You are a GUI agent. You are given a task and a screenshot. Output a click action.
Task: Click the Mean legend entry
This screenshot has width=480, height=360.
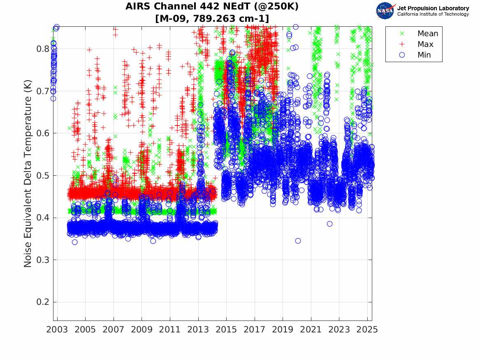(427, 34)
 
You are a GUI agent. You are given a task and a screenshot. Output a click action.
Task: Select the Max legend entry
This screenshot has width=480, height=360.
(425, 44)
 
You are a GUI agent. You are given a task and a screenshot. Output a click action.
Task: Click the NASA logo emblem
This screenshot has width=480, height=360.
(385, 11)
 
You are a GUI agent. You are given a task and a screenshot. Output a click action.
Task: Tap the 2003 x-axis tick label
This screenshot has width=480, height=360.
(57, 330)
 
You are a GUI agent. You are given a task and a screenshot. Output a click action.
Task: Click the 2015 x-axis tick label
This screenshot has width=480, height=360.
(226, 330)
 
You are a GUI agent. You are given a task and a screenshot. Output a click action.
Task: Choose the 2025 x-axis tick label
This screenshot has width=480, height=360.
(367, 330)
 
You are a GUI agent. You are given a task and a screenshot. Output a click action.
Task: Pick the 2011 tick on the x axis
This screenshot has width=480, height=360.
(170, 330)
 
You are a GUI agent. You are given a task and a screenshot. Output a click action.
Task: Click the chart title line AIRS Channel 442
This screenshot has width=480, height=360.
(212, 7)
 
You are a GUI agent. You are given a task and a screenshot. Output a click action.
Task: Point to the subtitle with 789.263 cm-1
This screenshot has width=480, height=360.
(212, 19)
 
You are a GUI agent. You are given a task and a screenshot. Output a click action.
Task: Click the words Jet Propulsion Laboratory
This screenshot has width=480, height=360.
(433, 8)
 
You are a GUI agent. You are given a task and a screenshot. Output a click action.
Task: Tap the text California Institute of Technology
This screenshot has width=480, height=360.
(433, 14)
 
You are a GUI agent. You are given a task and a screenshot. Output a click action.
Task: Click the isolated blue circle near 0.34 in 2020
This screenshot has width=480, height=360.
(298, 241)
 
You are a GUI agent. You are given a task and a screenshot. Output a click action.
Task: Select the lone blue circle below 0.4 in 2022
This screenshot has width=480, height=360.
(330, 224)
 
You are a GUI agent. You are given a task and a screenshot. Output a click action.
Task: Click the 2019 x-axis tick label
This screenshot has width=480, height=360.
(283, 330)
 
